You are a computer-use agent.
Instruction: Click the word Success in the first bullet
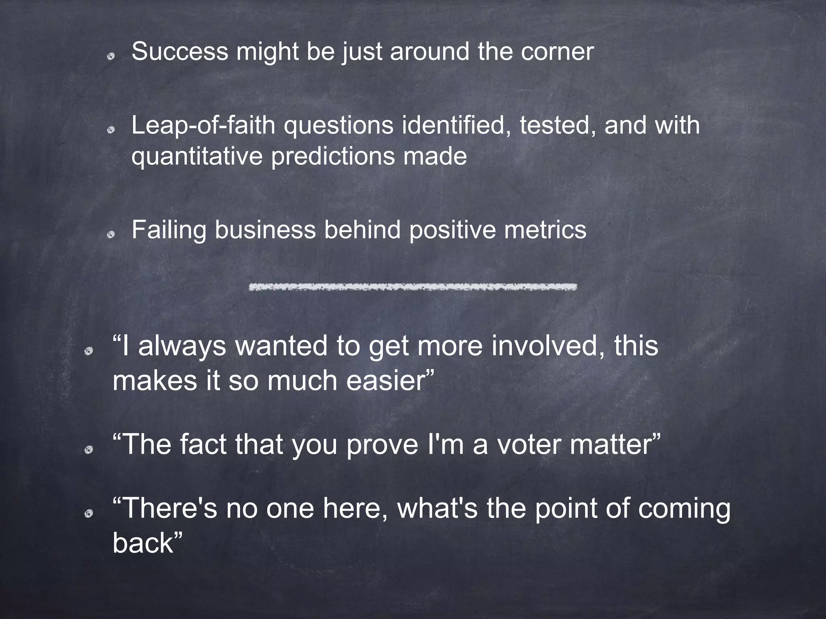179,52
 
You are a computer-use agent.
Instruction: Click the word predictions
333,157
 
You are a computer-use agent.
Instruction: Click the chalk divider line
413,287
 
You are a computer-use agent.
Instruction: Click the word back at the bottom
143,543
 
